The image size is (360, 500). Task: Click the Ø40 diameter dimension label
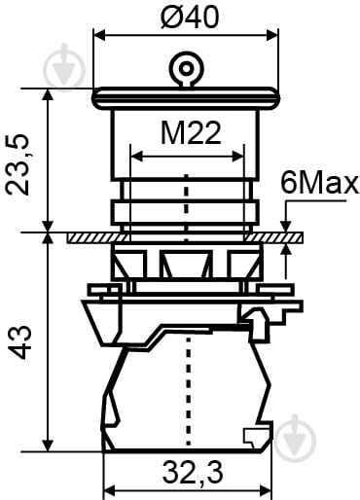point(190,17)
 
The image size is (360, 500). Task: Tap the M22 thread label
point(191,133)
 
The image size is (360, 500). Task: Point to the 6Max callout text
point(320,184)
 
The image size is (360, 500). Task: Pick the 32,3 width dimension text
point(193,473)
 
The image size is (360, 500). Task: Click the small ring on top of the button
point(186,68)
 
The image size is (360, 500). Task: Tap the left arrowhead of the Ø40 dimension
point(99,35)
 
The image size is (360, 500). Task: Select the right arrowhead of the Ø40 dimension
point(272,35)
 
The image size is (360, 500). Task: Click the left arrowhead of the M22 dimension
point(136,156)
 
